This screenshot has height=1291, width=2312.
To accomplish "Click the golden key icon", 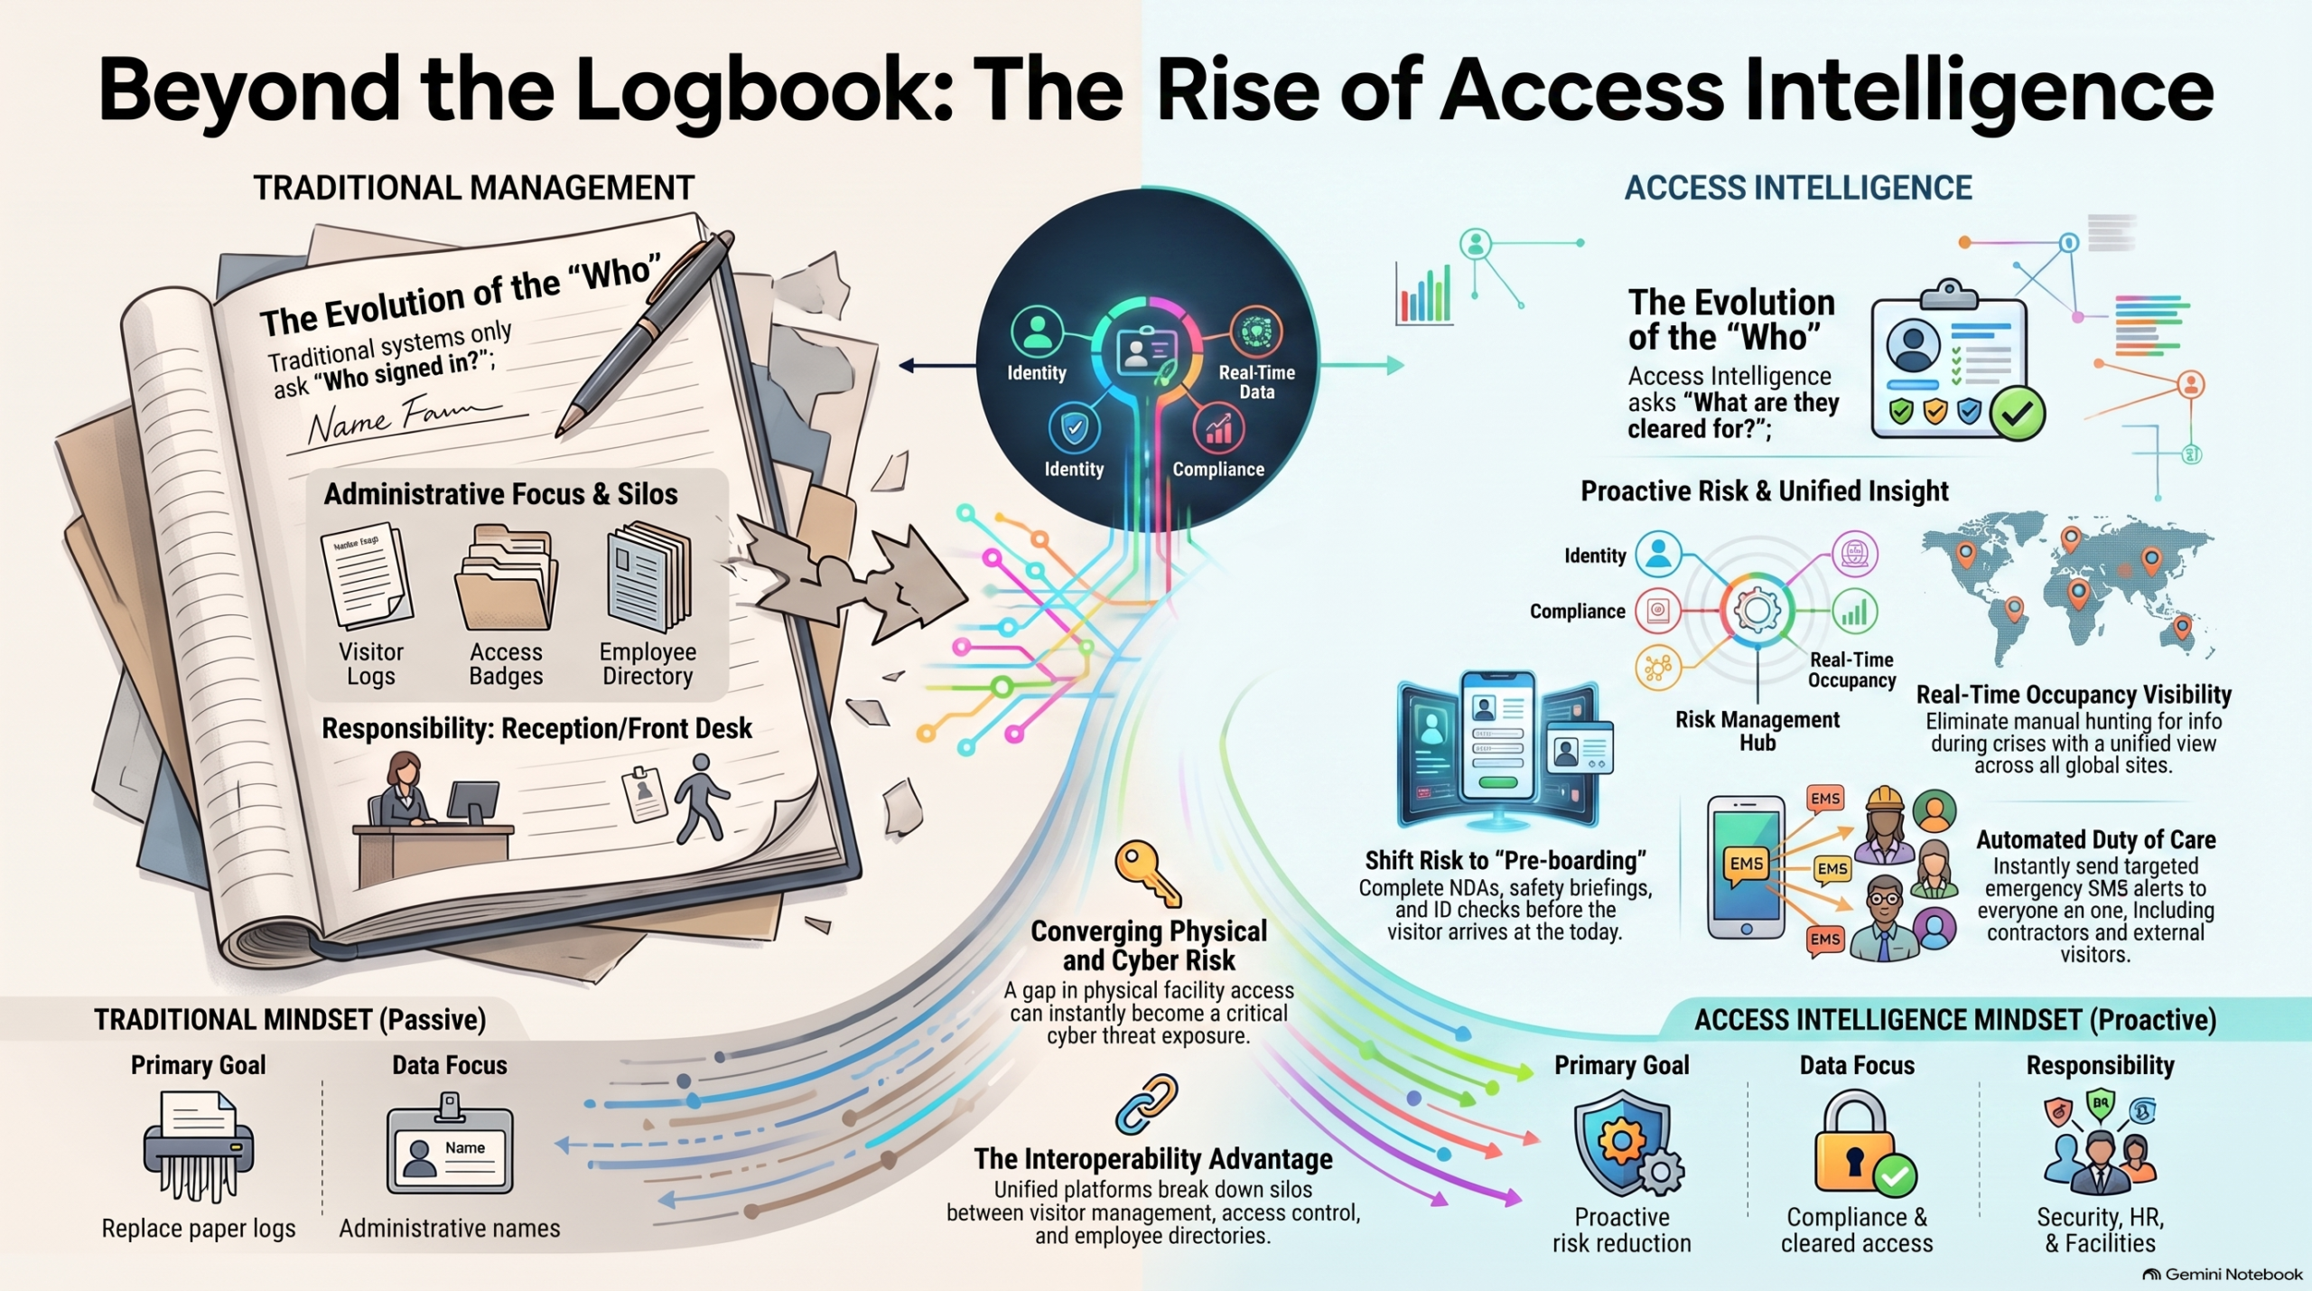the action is (x=1147, y=874).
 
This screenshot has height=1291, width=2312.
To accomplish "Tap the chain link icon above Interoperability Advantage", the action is (x=1147, y=1104).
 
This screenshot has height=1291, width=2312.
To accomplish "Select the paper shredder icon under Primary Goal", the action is (x=199, y=1146).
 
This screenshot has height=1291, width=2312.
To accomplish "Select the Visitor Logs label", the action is (x=371, y=664).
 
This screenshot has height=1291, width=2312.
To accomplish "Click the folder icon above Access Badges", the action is (x=506, y=578).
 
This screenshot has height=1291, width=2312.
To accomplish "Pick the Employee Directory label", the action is (x=648, y=664).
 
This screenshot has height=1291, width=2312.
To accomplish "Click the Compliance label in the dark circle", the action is (x=1218, y=469).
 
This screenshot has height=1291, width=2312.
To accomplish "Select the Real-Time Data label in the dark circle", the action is (x=1256, y=381).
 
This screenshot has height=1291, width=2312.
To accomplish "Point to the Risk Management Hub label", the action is (x=1757, y=731).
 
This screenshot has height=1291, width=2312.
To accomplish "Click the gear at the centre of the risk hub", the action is (x=1757, y=611).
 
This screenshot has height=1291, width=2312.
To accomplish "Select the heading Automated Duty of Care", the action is (x=2096, y=839).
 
